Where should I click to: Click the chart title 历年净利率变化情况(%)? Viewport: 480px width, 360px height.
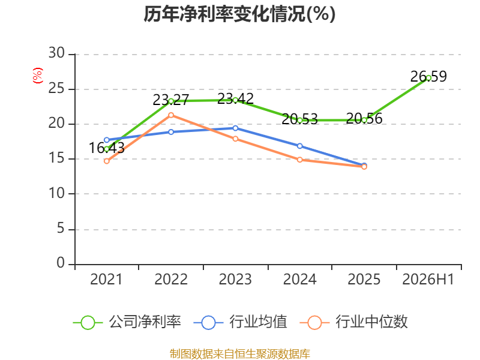point(239,14)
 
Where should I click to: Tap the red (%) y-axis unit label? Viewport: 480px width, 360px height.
point(38,76)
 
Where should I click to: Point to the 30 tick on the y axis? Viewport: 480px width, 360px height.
point(56,53)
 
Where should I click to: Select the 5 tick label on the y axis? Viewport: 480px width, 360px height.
point(61,229)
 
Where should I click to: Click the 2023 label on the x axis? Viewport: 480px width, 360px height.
point(235,279)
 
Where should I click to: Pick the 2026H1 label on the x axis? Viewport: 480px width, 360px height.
point(428,279)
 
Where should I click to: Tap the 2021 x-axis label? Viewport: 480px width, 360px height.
point(106,279)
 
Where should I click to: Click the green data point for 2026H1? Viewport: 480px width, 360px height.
point(428,78)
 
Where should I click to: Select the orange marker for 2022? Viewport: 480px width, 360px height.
point(171,115)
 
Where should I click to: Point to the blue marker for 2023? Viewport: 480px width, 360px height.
point(235,128)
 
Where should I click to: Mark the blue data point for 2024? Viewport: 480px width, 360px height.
point(299,146)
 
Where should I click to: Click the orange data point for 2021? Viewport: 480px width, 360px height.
point(107,161)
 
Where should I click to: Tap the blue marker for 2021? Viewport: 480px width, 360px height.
point(107,140)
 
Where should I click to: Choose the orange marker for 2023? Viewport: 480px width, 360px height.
point(235,139)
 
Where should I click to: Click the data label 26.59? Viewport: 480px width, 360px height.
point(428,77)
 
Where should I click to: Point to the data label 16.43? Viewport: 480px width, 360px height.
point(107,148)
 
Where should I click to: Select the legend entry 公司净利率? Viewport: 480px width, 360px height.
point(127,322)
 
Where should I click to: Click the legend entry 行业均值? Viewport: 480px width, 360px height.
point(241,322)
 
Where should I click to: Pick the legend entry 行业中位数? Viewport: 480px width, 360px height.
point(354,322)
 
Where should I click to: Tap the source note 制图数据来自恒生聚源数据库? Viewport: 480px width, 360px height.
point(240,354)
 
